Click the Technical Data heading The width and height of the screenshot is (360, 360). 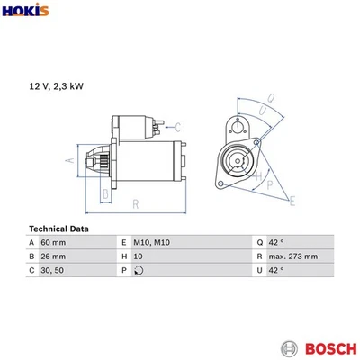tap(59, 229)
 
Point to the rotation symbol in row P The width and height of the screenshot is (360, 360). tap(138, 270)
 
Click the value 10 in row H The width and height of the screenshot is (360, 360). tap(138, 256)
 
